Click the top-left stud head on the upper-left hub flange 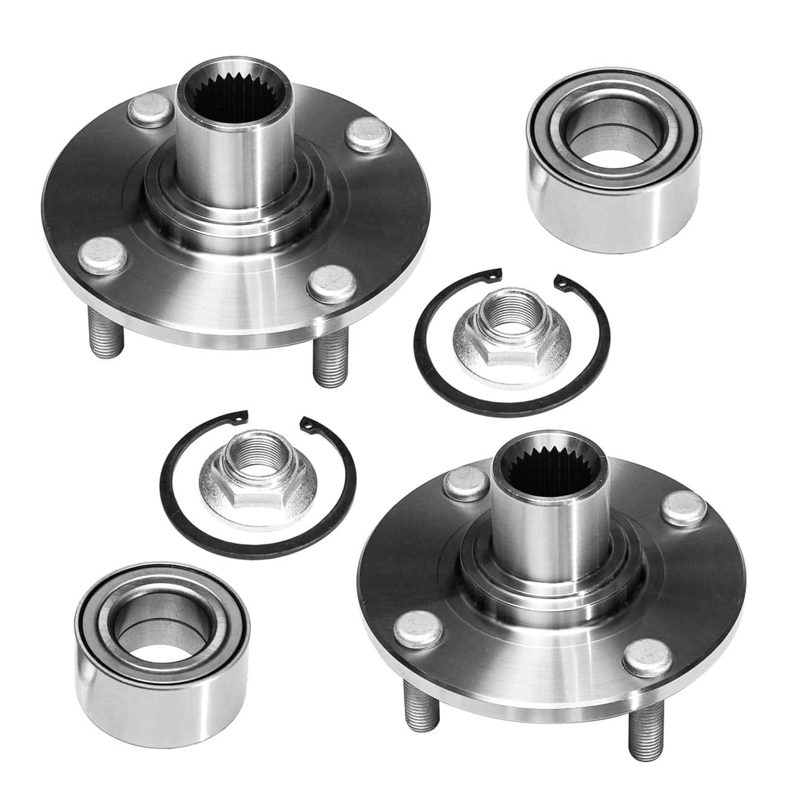(149, 108)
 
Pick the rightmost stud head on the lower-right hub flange (683, 508)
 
